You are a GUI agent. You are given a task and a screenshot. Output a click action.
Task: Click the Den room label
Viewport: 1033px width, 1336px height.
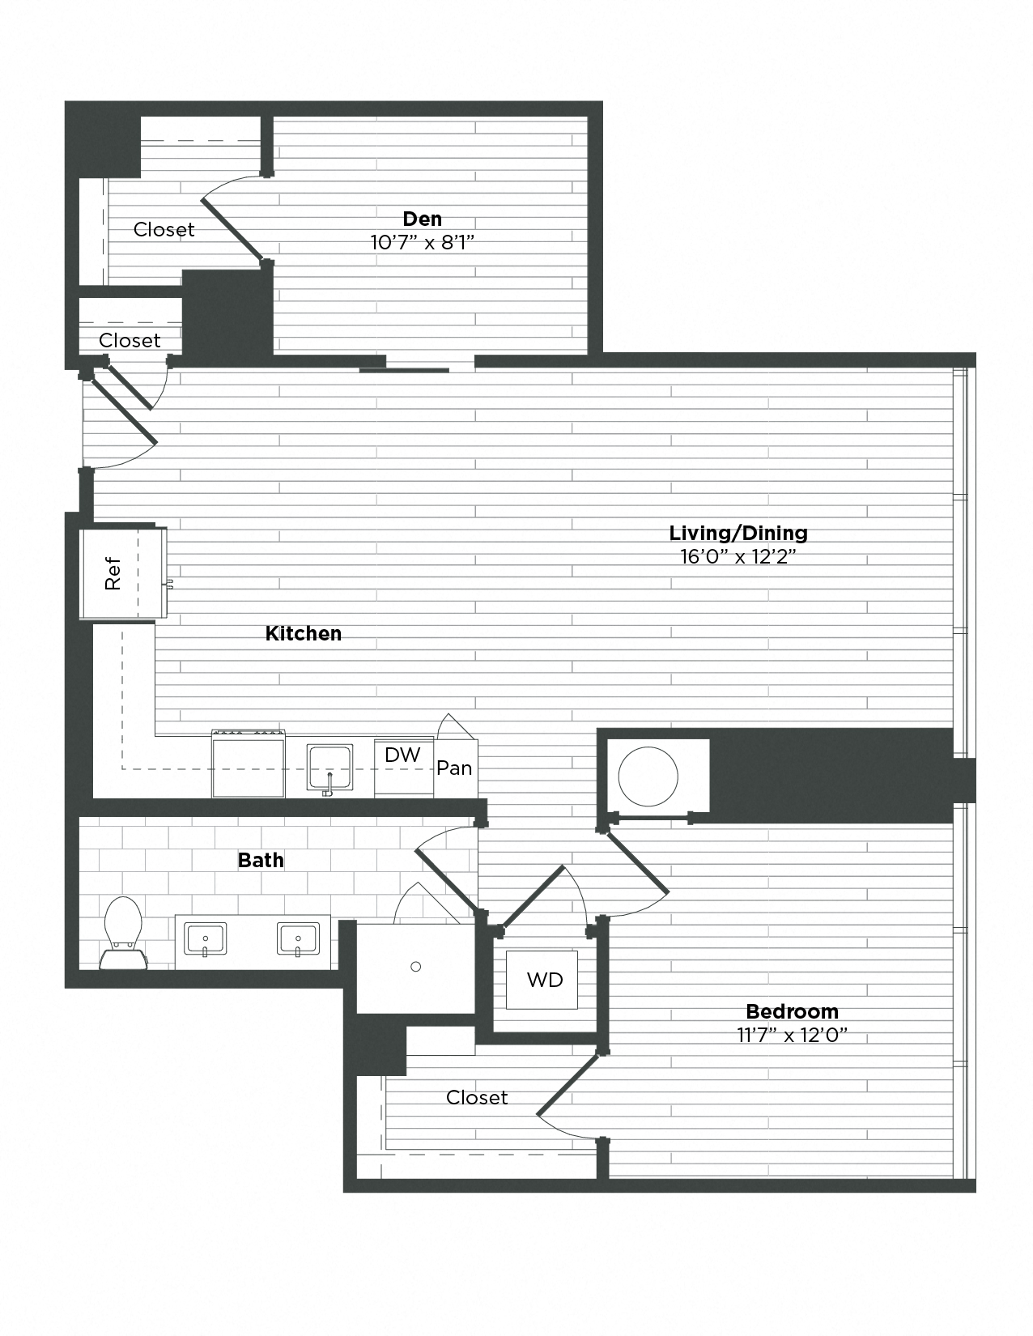(423, 219)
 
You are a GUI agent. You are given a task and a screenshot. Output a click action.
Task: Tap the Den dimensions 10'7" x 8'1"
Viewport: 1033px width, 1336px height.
(422, 241)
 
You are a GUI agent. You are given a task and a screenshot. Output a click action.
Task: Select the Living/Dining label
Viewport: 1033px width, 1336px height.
(738, 533)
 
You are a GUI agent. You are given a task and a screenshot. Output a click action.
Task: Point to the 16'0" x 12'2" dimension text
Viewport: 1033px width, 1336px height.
(738, 556)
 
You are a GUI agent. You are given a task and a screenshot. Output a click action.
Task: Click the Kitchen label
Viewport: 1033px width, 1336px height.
(304, 633)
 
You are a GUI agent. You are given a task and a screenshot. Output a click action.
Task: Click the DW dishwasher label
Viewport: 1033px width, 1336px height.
(402, 755)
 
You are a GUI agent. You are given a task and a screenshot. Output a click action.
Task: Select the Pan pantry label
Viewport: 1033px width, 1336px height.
(454, 768)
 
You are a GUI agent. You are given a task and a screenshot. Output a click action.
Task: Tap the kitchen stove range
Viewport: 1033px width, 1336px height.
(249, 764)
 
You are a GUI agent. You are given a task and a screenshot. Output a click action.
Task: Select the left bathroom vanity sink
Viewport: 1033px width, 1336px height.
(206, 939)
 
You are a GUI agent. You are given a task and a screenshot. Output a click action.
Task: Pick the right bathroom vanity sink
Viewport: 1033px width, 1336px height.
(298, 939)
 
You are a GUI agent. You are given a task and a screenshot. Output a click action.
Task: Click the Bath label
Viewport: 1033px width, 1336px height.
(261, 860)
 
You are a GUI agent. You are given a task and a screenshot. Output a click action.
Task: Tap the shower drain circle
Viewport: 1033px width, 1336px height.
(416, 967)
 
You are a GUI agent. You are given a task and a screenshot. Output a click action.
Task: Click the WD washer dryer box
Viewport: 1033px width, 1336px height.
(544, 980)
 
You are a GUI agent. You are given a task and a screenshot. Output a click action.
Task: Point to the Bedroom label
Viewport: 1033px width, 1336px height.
(792, 1011)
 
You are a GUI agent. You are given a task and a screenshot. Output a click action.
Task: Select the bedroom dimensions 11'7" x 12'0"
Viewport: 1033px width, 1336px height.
(792, 1035)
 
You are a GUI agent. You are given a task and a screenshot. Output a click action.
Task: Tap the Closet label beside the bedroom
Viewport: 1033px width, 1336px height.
(477, 1097)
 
